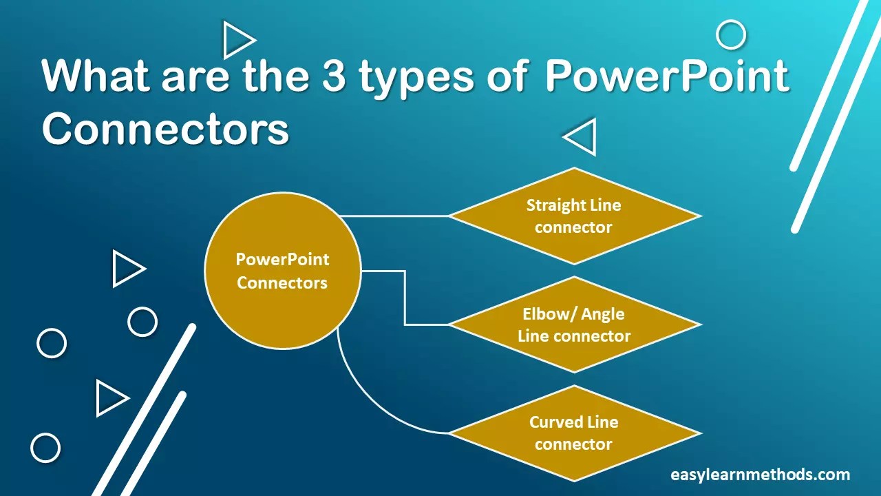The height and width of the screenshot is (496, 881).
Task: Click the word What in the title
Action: click(x=97, y=75)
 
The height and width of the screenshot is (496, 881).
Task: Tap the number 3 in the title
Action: click(x=333, y=76)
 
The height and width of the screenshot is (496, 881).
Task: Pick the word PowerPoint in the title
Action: click(x=666, y=76)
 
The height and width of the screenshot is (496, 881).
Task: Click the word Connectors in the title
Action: click(x=165, y=128)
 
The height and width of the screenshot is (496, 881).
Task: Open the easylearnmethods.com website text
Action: click(x=760, y=475)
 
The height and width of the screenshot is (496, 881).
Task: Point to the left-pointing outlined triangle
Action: click(x=581, y=137)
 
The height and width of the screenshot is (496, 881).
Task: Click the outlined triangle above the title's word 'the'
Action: click(x=237, y=40)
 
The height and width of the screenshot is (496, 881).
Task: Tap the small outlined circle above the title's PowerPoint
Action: click(x=731, y=35)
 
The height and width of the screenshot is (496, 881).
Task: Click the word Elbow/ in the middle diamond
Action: click(x=544, y=314)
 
